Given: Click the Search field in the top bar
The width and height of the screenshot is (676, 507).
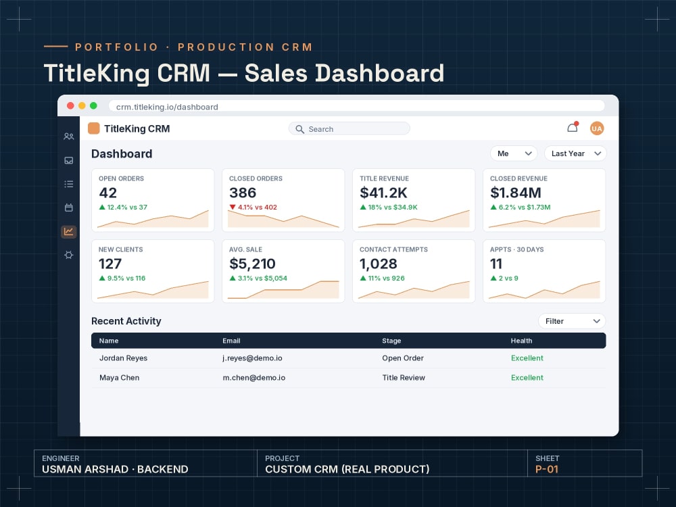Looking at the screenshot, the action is (x=349, y=129).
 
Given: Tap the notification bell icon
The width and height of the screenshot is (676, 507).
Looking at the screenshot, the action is (x=573, y=128).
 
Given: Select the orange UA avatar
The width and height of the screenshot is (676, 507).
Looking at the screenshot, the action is (x=597, y=128).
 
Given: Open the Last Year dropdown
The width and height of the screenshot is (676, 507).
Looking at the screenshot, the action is (x=575, y=153).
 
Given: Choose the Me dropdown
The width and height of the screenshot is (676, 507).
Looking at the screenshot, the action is (x=514, y=153).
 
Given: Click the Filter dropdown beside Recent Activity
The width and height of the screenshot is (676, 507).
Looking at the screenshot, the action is (x=572, y=321).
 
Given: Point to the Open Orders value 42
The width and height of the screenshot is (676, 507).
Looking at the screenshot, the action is (x=107, y=193).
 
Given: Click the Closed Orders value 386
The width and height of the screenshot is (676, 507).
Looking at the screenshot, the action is (x=243, y=193).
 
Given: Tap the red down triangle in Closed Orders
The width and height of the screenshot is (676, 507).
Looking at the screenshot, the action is (x=233, y=207).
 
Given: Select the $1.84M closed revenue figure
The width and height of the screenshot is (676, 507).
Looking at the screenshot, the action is (x=516, y=193).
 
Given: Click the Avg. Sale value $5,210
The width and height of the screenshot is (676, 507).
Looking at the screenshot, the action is (x=252, y=264).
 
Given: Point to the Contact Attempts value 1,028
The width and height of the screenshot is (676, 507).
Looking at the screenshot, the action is (x=378, y=264).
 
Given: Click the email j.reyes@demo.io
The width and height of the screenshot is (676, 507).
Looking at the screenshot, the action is (x=252, y=358).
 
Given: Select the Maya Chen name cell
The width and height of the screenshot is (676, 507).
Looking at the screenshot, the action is (x=120, y=378).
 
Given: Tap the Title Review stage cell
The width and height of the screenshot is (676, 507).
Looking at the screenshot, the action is (x=404, y=378).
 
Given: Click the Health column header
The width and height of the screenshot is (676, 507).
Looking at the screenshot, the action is (x=521, y=341).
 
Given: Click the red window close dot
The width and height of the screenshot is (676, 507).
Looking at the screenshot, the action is (x=71, y=105).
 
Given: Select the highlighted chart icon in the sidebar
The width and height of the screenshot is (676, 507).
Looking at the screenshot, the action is (x=68, y=231).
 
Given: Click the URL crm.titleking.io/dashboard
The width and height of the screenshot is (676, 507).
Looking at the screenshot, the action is (x=167, y=107).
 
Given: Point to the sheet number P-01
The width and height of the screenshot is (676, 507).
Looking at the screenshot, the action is (x=547, y=470).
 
